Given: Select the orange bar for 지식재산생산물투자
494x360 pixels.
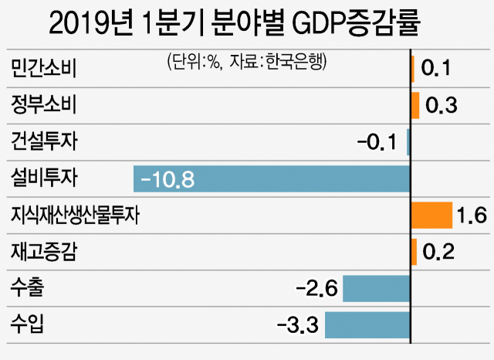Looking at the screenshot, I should coord(431,216).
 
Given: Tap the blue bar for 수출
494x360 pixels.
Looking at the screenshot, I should coord(376,289).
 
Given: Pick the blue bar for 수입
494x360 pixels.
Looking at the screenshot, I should coord(367,324).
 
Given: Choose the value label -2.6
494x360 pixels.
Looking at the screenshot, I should coord(316,289).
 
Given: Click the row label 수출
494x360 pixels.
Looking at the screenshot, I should coord(28,289).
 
